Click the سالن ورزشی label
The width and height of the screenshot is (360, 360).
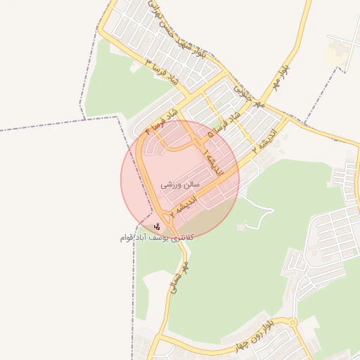[181, 184]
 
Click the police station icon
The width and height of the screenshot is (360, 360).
[156, 226]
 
